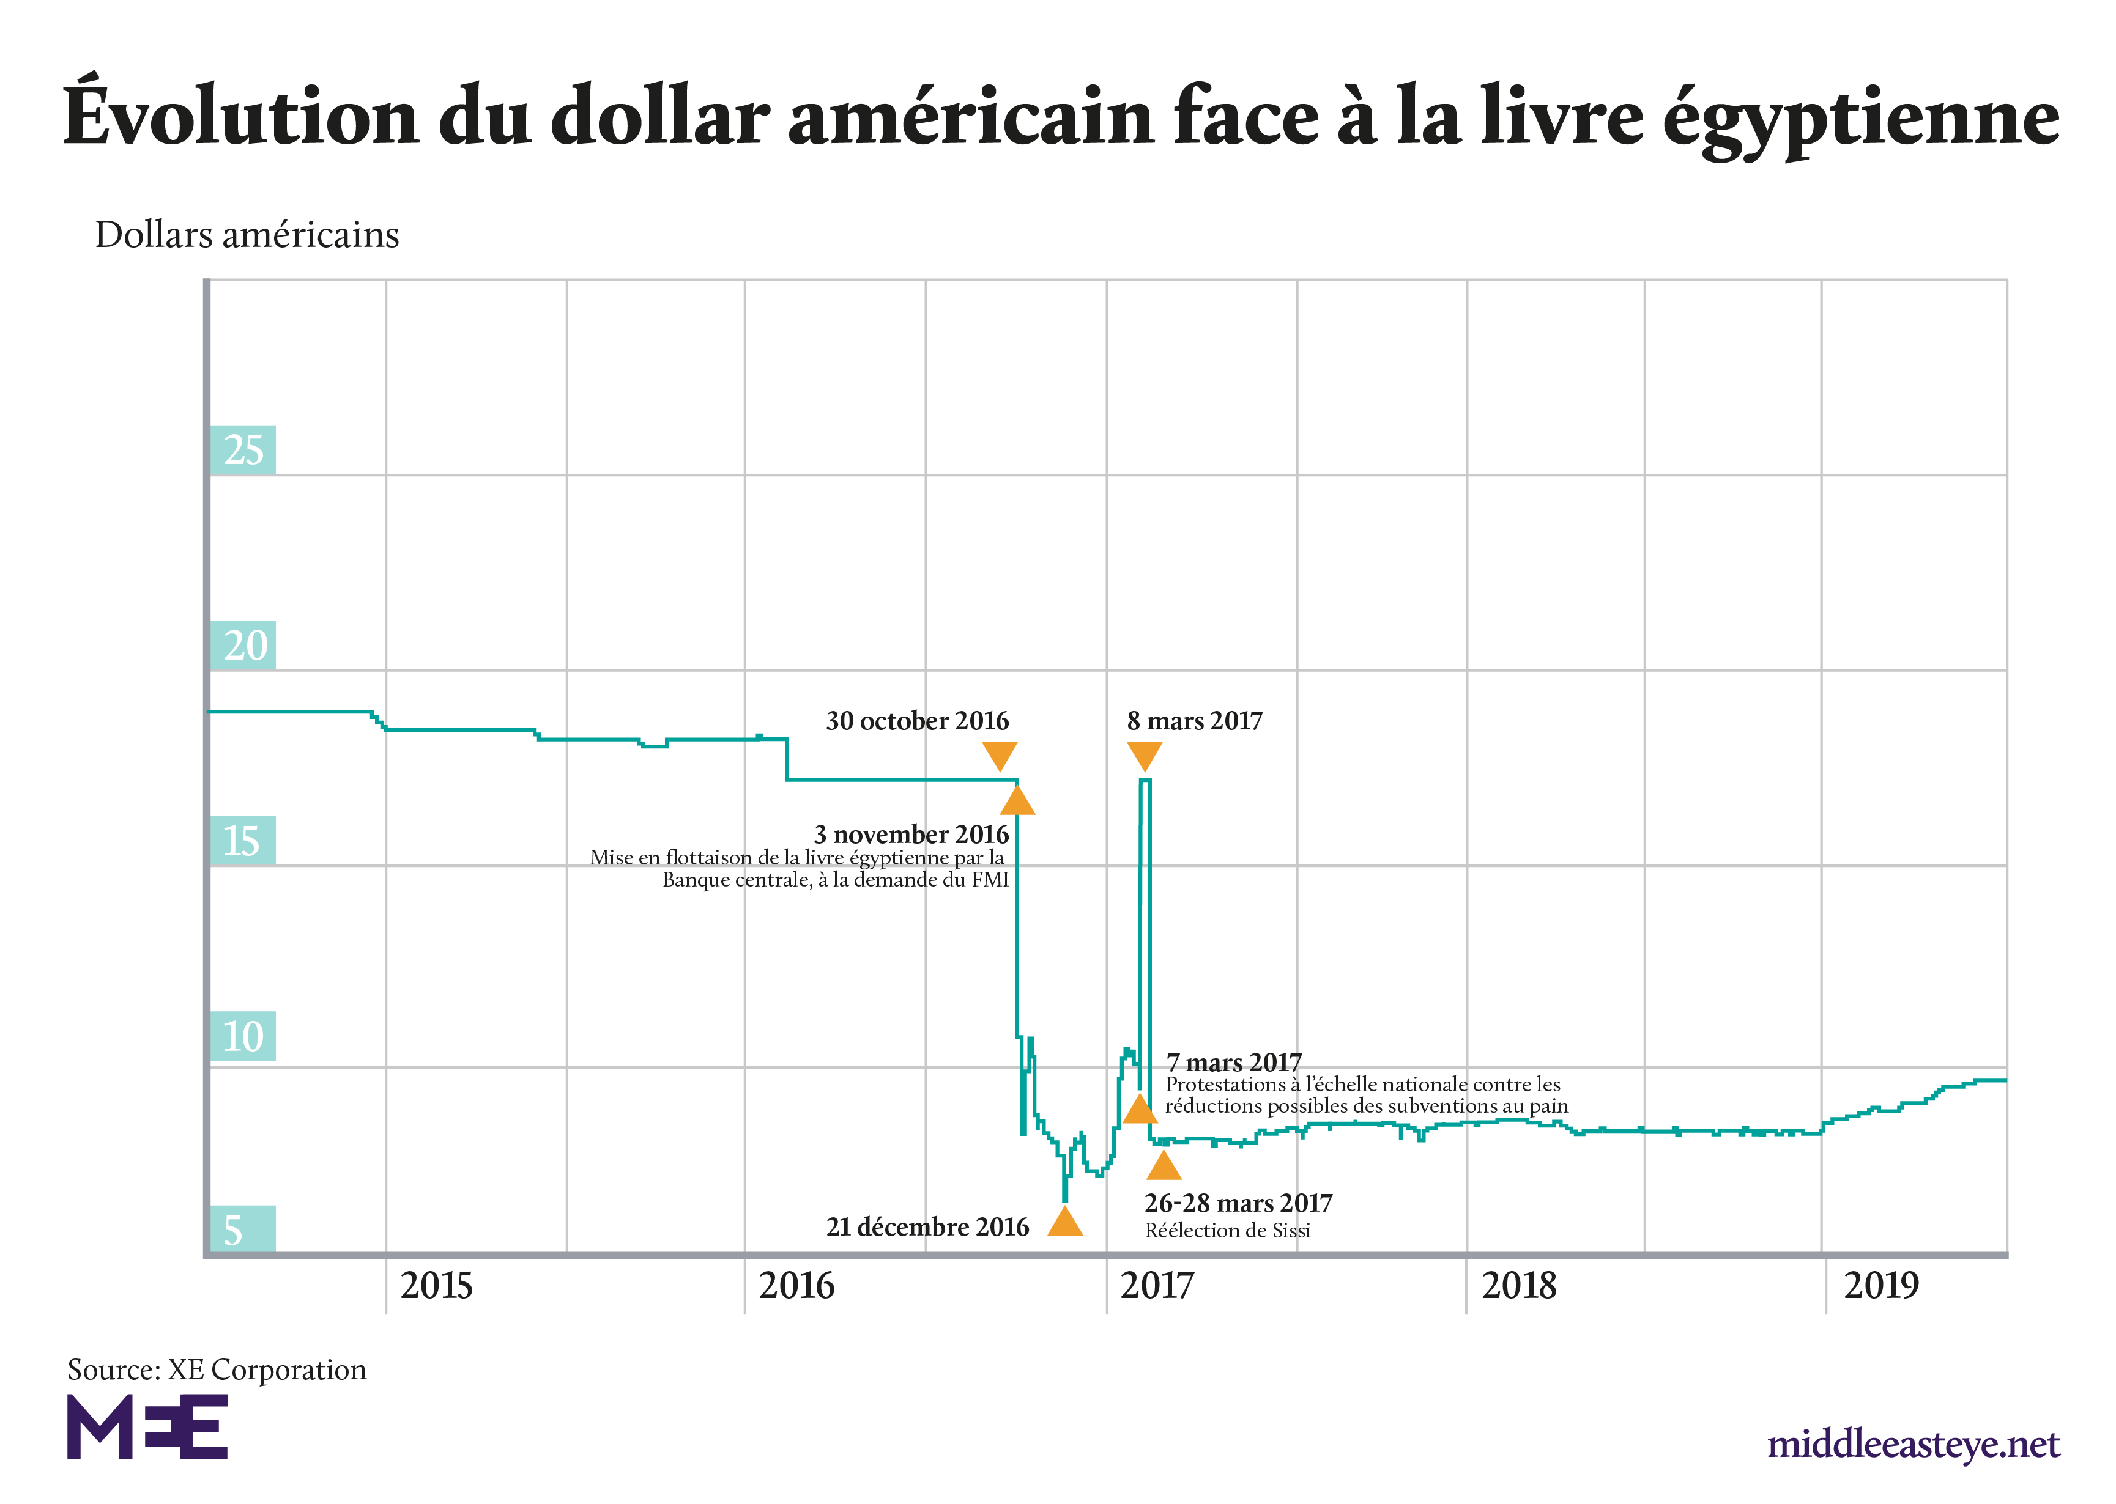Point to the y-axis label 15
point(242,841)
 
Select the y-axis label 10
point(243,1036)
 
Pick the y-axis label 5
point(234,1231)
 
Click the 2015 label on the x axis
point(436,1286)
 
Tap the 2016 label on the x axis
point(796,1286)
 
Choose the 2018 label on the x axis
point(1520,1286)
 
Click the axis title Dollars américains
point(247,235)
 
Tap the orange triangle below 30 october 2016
point(1000,756)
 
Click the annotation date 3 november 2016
point(911,835)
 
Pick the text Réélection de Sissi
point(1228,1231)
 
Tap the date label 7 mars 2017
point(1234,1062)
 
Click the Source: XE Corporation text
point(217,1369)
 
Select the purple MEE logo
point(147,1427)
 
